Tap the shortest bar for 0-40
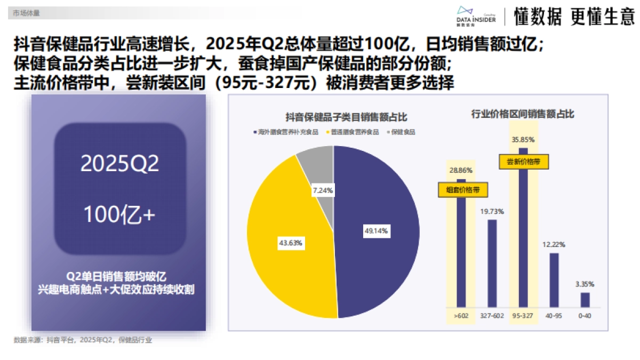[585, 300]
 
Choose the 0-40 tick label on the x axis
[585, 316]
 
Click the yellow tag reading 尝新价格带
[524, 162]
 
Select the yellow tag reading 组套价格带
[462, 189]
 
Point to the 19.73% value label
[492, 211]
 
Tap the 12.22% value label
[554, 244]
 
